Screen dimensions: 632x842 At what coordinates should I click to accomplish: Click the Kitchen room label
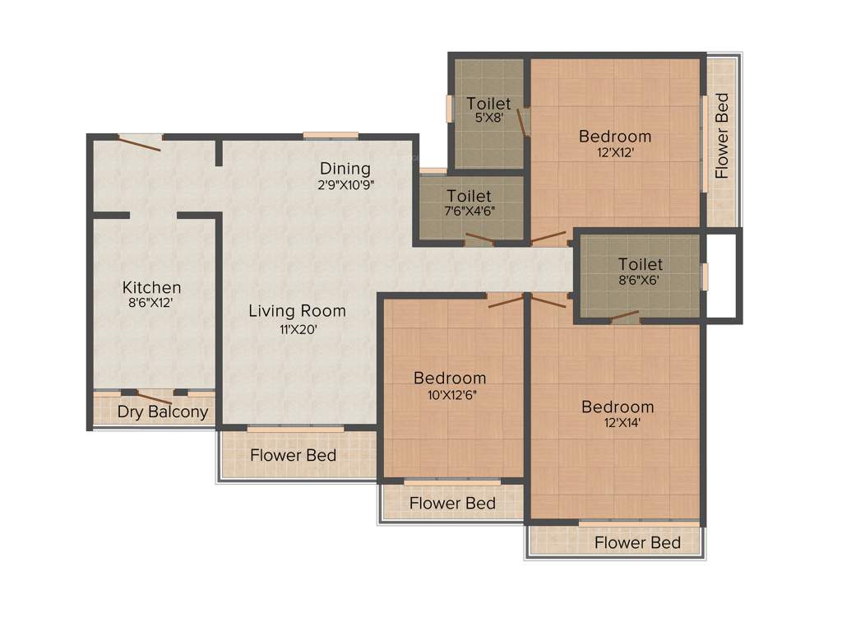pyautogui.click(x=151, y=287)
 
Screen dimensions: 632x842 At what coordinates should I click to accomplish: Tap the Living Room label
pyautogui.click(x=297, y=311)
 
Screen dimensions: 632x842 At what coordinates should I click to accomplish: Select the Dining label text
pyautogui.click(x=345, y=169)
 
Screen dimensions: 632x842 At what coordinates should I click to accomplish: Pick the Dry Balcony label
pyautogui.click(x=162, y=411)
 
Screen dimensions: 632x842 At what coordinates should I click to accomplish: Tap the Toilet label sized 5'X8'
pyautogui.click(x=488, y=104)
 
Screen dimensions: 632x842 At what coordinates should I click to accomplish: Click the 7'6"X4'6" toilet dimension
pyautogui.click(x=469, y=210)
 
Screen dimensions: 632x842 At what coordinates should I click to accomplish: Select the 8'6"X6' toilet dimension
pyautogui.click(x=640, y=279)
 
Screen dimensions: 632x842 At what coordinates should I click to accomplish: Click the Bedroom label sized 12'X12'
pyautogui.click(x=614, y=136)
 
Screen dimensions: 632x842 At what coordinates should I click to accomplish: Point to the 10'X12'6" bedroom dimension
pyautogui.click(x=449, y=393)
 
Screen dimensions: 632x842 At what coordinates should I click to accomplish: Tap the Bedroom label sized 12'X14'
pyautogui.click(x=618, y=407)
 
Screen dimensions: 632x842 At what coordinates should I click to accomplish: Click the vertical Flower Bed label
pyautogui.click(x=722, y=136)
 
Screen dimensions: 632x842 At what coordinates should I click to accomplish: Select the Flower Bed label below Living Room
pyautogui.click(x=293, y=454)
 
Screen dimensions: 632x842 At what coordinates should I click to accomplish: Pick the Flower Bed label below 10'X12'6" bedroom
pyautogui.click(x=452, y=502)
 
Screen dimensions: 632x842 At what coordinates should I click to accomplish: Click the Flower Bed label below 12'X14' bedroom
pyautogui.click(x=637, y=542)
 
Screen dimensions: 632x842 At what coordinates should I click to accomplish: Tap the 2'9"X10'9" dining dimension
pyautogui.click(x=348, y=184)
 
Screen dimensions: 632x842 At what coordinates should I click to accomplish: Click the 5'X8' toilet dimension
pyautogui.click(x=488, y=118)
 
